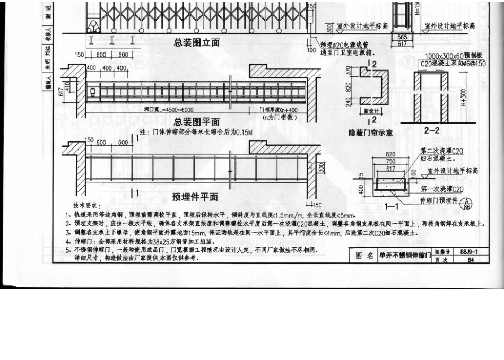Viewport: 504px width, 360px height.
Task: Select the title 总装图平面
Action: pos(196,121)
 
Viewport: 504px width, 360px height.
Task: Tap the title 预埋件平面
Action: pos(195,197)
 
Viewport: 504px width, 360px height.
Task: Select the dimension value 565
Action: pos(402,37)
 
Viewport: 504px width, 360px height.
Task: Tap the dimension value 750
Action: pos(390,162)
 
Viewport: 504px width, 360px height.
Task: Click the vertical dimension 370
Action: pos(349,71)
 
